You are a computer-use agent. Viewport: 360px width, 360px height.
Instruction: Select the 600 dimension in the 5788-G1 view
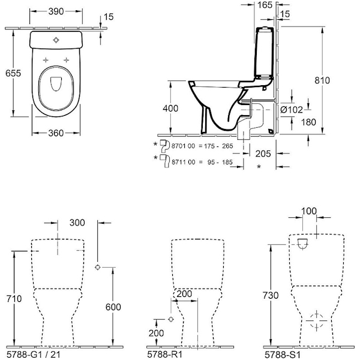113,307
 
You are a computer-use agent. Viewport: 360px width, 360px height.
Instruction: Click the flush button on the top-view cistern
57,40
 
